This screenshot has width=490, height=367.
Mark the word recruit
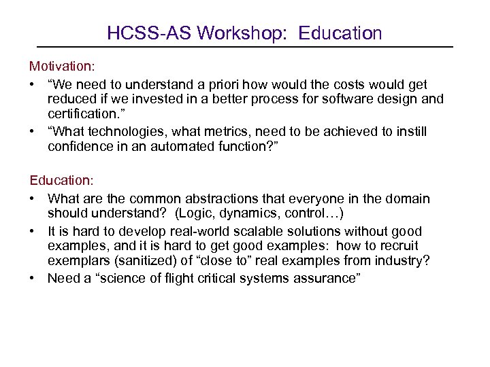(x=396, y=245)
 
